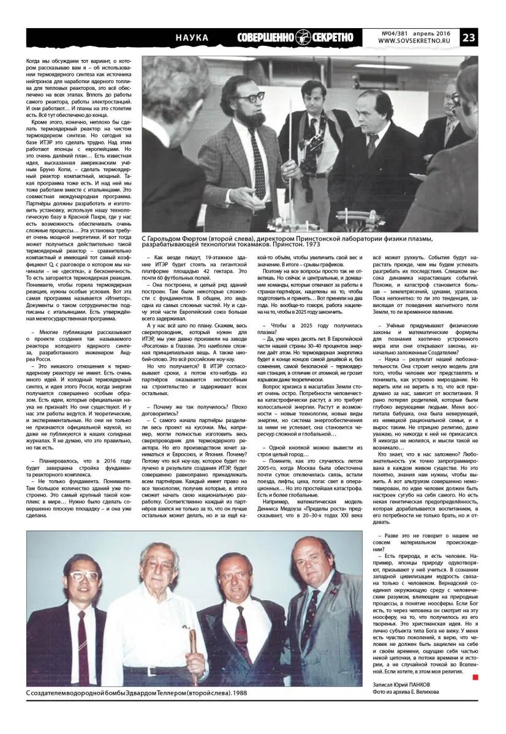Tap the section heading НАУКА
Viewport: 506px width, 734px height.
coord(192,38)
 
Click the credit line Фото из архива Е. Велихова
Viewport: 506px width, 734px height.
coord(406,692)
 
